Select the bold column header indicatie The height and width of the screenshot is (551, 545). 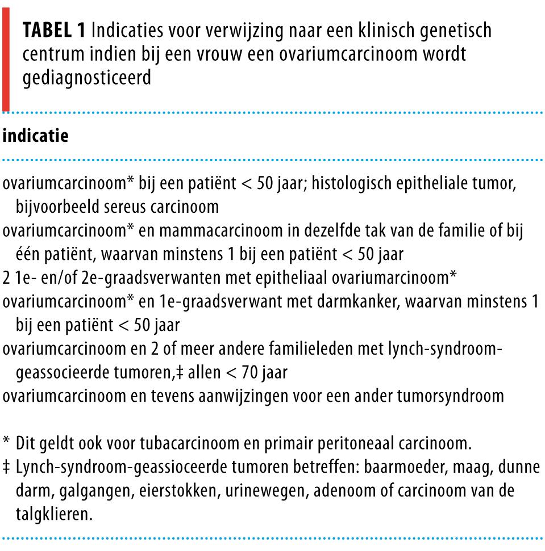coord(36,136)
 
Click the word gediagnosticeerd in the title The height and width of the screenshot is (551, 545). coord(87,78)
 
